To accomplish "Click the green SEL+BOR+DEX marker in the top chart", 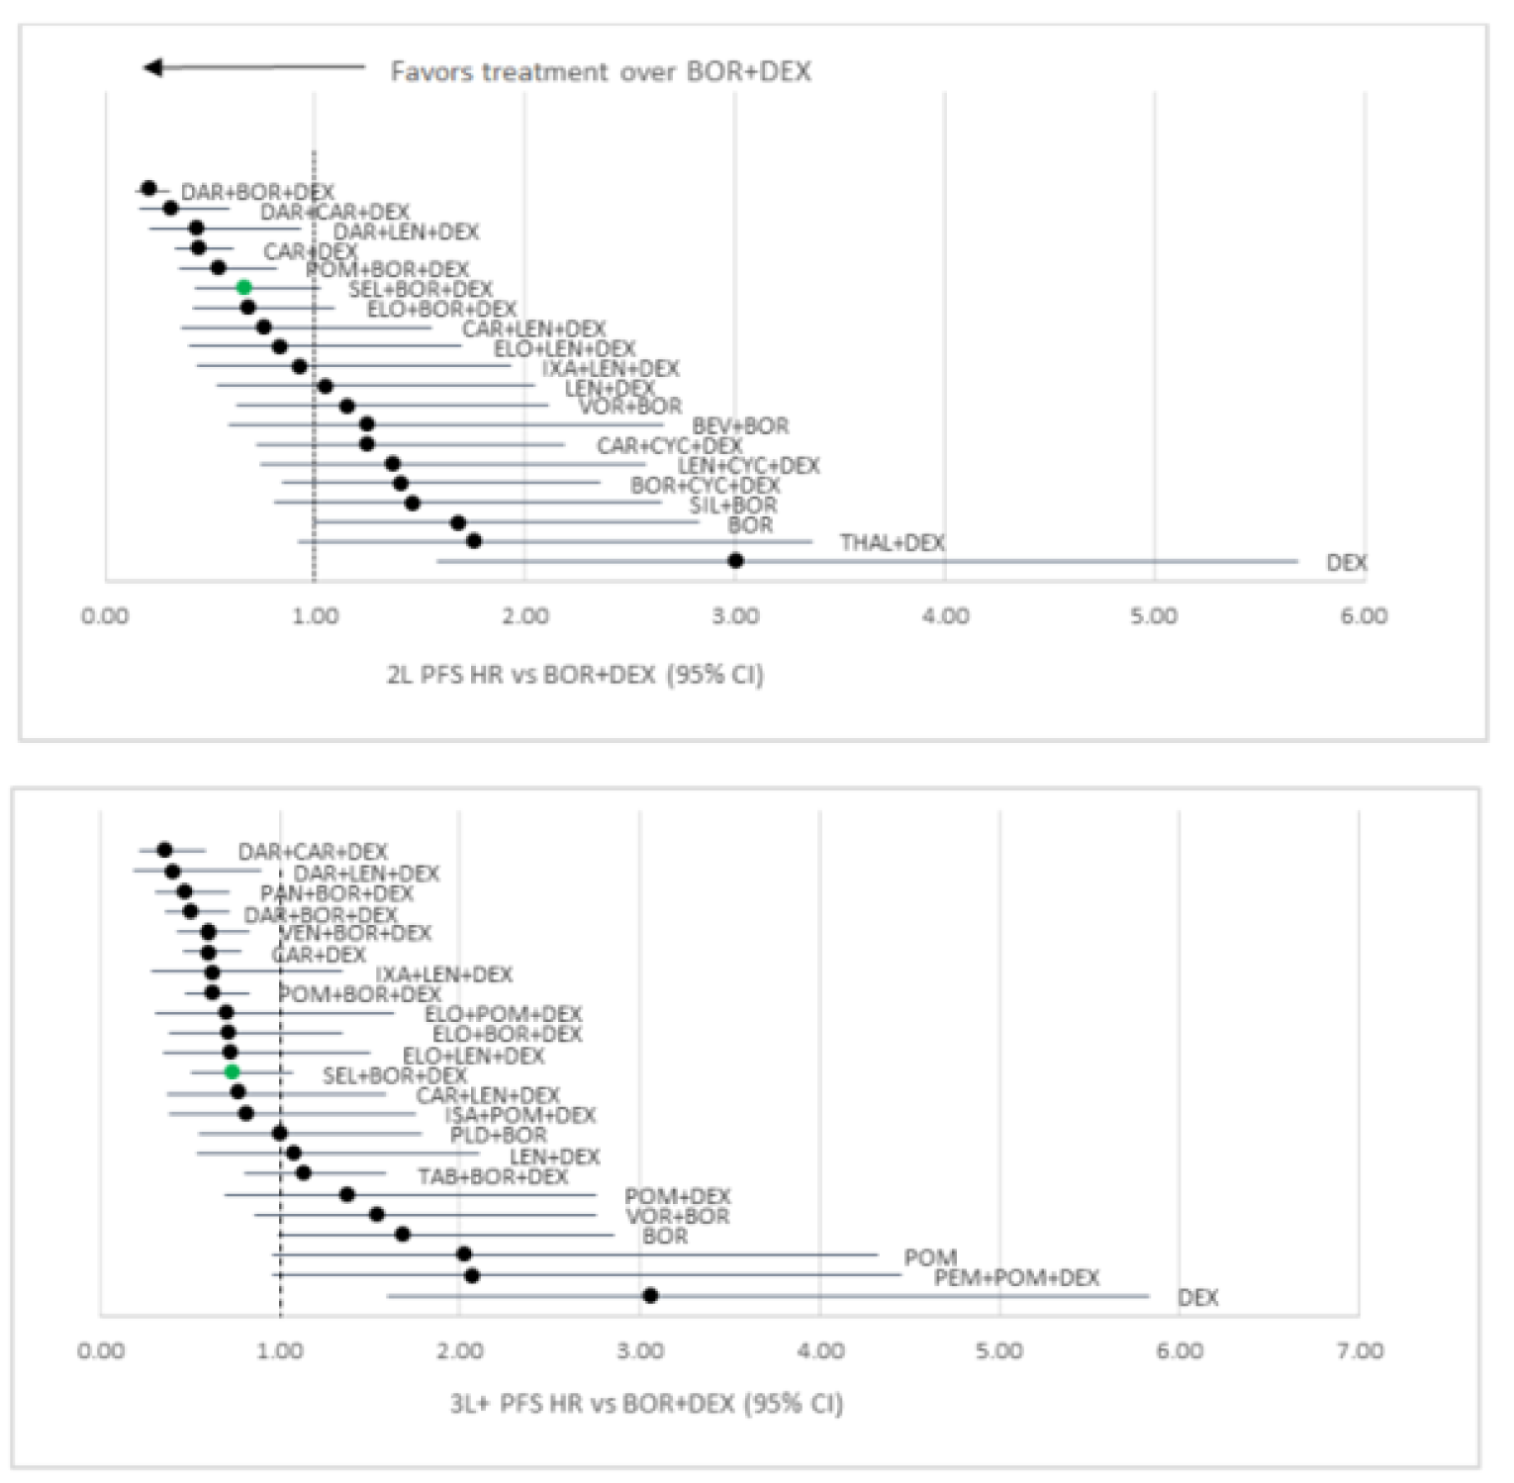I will coord(244,288).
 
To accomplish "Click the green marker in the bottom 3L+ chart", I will coord(232,1072).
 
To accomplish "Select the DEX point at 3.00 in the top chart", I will coord(735,561).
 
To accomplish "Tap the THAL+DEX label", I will coord(893,543).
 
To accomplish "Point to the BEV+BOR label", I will coord(740,426).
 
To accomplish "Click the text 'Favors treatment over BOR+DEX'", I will coord(601,71).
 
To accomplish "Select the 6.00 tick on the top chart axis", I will coord(1364,616).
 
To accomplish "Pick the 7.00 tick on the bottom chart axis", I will coord(1360,1351).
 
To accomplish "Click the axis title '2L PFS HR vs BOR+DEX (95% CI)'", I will coord(575,675).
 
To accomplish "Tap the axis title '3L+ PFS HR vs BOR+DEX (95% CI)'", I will coord(646,1404).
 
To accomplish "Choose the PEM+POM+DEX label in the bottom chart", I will coord(1016,1278).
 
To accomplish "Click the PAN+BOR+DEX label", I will coord(336,893).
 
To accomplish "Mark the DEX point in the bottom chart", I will coord(650,1296).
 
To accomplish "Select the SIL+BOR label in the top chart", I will coord(733,506).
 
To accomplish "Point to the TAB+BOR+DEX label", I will coord(493,1177).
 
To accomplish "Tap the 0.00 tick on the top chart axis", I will coord(105,616).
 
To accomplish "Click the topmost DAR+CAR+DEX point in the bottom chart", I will coord(164,850).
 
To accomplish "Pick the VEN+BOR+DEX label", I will coord(355,933).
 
